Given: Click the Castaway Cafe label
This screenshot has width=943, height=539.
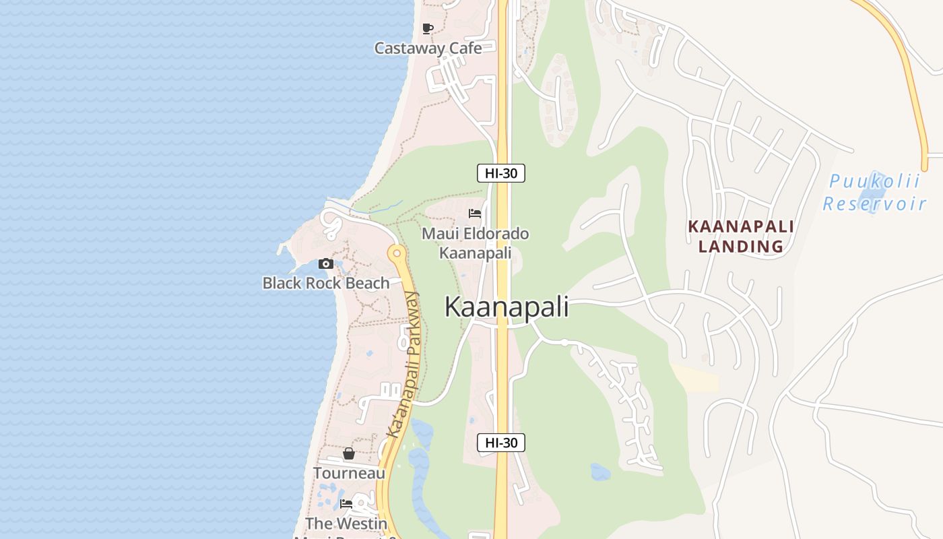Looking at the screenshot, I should (428, 48).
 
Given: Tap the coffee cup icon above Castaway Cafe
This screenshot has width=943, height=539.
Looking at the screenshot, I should (427, 28).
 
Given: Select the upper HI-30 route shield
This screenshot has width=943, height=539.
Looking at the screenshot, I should (501, 173).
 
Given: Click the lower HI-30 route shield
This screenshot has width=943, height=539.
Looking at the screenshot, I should (501, 443).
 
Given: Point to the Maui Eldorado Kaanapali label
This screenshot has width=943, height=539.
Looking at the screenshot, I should (475, 243).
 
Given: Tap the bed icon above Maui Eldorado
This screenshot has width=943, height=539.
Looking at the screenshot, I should (475, 214).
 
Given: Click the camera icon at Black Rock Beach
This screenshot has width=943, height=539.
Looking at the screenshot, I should (326, 263).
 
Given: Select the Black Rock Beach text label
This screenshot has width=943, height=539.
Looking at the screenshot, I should (326, 283).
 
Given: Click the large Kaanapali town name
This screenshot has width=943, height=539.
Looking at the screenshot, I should (507, 307).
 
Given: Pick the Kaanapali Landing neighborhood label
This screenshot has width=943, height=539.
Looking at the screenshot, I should (741, 236).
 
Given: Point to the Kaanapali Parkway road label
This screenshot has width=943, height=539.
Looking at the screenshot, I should (404, 364).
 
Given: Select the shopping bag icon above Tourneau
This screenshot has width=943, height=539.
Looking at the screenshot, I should (349, 453).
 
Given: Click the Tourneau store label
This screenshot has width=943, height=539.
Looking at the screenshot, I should (349, 473).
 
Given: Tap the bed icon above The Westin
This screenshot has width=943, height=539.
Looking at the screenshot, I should (346, 503).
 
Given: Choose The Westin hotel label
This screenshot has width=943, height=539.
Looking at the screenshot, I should (346, 524).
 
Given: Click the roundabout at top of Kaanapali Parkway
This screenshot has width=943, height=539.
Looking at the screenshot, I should (396, 254).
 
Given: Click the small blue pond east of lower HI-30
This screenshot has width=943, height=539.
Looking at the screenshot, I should (599, 472).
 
